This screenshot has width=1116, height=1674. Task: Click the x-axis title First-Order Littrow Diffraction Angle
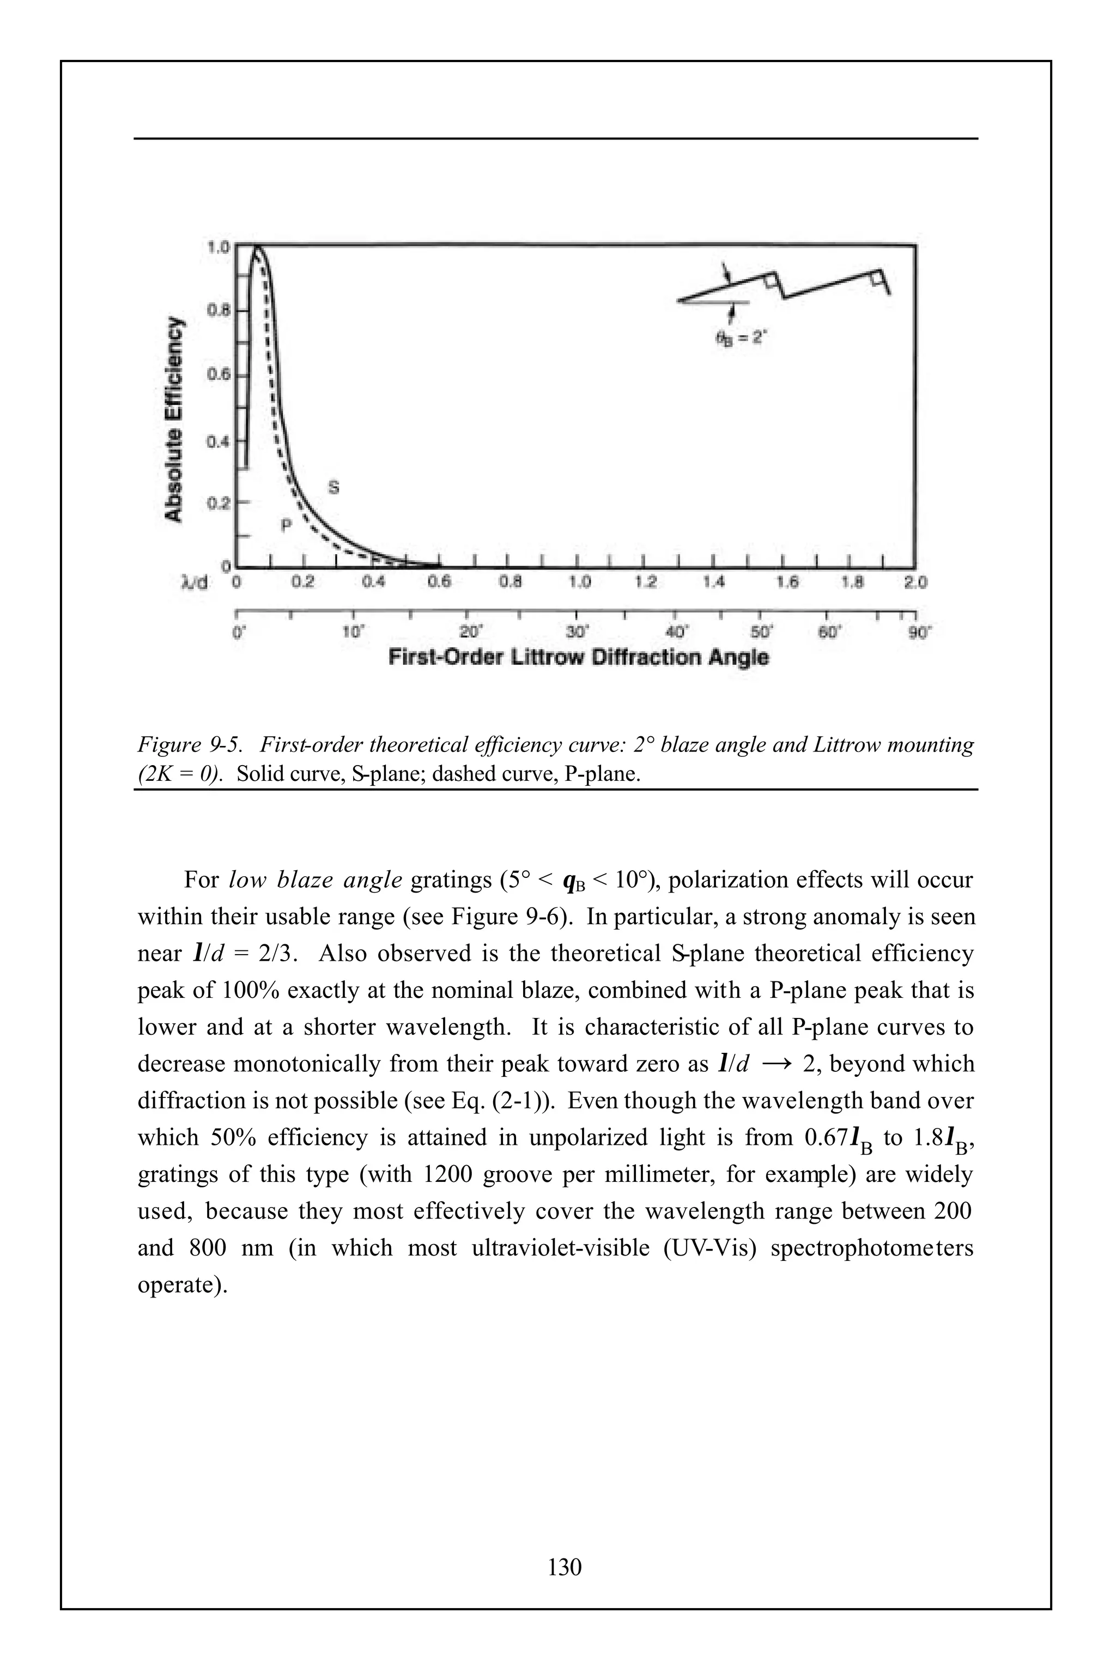pos(578,657)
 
